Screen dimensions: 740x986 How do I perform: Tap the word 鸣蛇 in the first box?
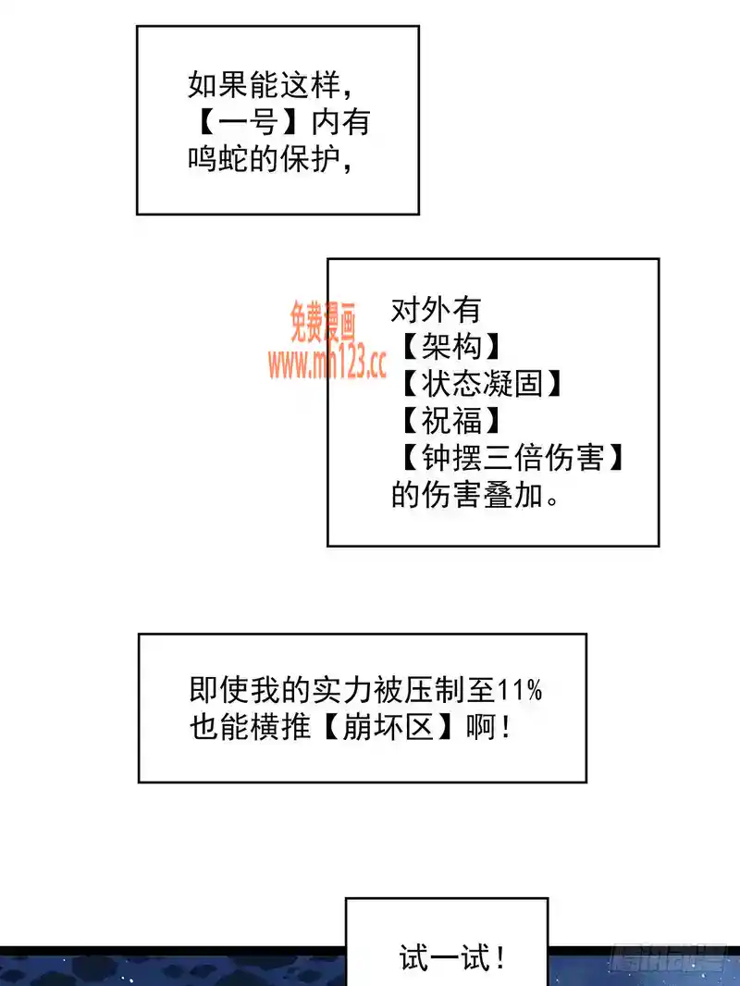pyautogui.click(x=217, y=159)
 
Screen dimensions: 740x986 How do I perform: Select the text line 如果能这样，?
pyautogui.click(x=270, y=85)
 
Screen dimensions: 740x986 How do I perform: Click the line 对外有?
pyautogui.click(x=436, y=309)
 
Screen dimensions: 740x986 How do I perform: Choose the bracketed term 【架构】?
pyautogui.click(x=450, y=346)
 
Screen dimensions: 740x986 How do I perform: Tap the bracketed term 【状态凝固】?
pyautogui.click(x=482, y=383)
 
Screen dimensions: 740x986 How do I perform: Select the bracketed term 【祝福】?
pyautogui.click(x=450, y=421)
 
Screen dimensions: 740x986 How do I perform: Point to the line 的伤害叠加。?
pyautogui.click(x=475, y=495)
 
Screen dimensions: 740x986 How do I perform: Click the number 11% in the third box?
pyautogui.click(x=519, y=690)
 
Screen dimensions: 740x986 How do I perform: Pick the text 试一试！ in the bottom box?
pyautogui.click(x=452, y=958)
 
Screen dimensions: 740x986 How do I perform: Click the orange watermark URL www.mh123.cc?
pyautogui.click(x=327, y=364)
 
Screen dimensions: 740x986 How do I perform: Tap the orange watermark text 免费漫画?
pyautogui.click(x=323, y=322)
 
